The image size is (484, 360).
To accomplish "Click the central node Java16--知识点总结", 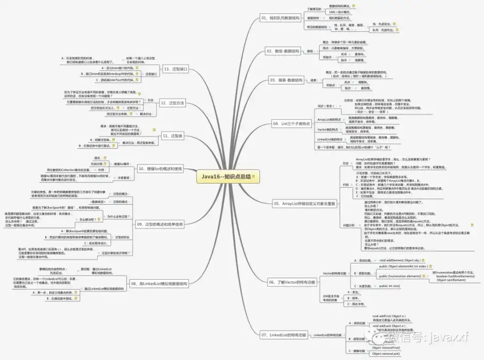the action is click(x=226, y=176).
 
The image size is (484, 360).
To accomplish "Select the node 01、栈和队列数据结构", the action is click(x=280, y=18).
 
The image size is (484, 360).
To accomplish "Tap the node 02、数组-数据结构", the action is click(x=283, y=51).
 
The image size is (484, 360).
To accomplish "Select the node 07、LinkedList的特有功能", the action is click(x=284, y=335).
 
